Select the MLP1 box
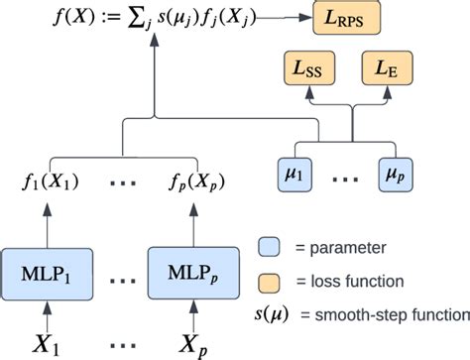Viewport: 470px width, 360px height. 46,269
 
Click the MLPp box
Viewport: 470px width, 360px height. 189,269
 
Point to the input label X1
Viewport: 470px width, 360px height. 46,342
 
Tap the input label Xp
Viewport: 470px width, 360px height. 189,342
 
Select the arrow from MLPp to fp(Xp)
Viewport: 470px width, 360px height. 189,220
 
